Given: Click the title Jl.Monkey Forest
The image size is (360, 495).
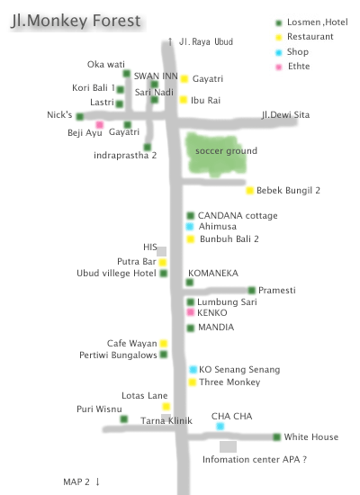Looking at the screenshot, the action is (76, 21).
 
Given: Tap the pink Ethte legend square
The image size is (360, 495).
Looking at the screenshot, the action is (278, 67).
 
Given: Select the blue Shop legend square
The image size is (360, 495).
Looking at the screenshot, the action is (278, 52).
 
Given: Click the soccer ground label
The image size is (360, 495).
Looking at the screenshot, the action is (226, 151).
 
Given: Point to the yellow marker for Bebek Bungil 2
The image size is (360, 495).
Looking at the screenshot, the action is (250, 191).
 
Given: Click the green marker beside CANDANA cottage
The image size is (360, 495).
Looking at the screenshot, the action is (190, 216).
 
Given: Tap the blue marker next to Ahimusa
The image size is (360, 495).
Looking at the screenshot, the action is (190, 226).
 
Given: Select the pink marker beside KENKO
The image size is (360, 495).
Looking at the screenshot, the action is (190, 312).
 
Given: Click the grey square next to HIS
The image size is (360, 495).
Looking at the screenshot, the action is (161, 252).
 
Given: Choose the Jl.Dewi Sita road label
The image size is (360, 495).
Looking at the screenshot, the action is (285, 115).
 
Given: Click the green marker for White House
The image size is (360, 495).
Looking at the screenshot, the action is (276, 436).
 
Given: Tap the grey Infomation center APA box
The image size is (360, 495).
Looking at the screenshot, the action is (228, 446).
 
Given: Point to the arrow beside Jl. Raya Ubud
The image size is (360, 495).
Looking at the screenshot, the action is (170, 41).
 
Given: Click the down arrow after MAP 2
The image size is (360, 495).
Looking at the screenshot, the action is (97, 481).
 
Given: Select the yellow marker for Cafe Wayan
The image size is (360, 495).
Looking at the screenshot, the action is (164, 343).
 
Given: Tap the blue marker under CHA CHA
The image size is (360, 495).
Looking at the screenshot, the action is (220, 427).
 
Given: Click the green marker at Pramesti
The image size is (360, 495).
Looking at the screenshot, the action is (252, 290).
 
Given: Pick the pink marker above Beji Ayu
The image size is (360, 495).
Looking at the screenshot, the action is (100, 124).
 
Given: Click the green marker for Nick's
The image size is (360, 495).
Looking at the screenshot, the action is (80, 116).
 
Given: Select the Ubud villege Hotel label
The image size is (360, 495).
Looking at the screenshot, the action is (116, 273).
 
